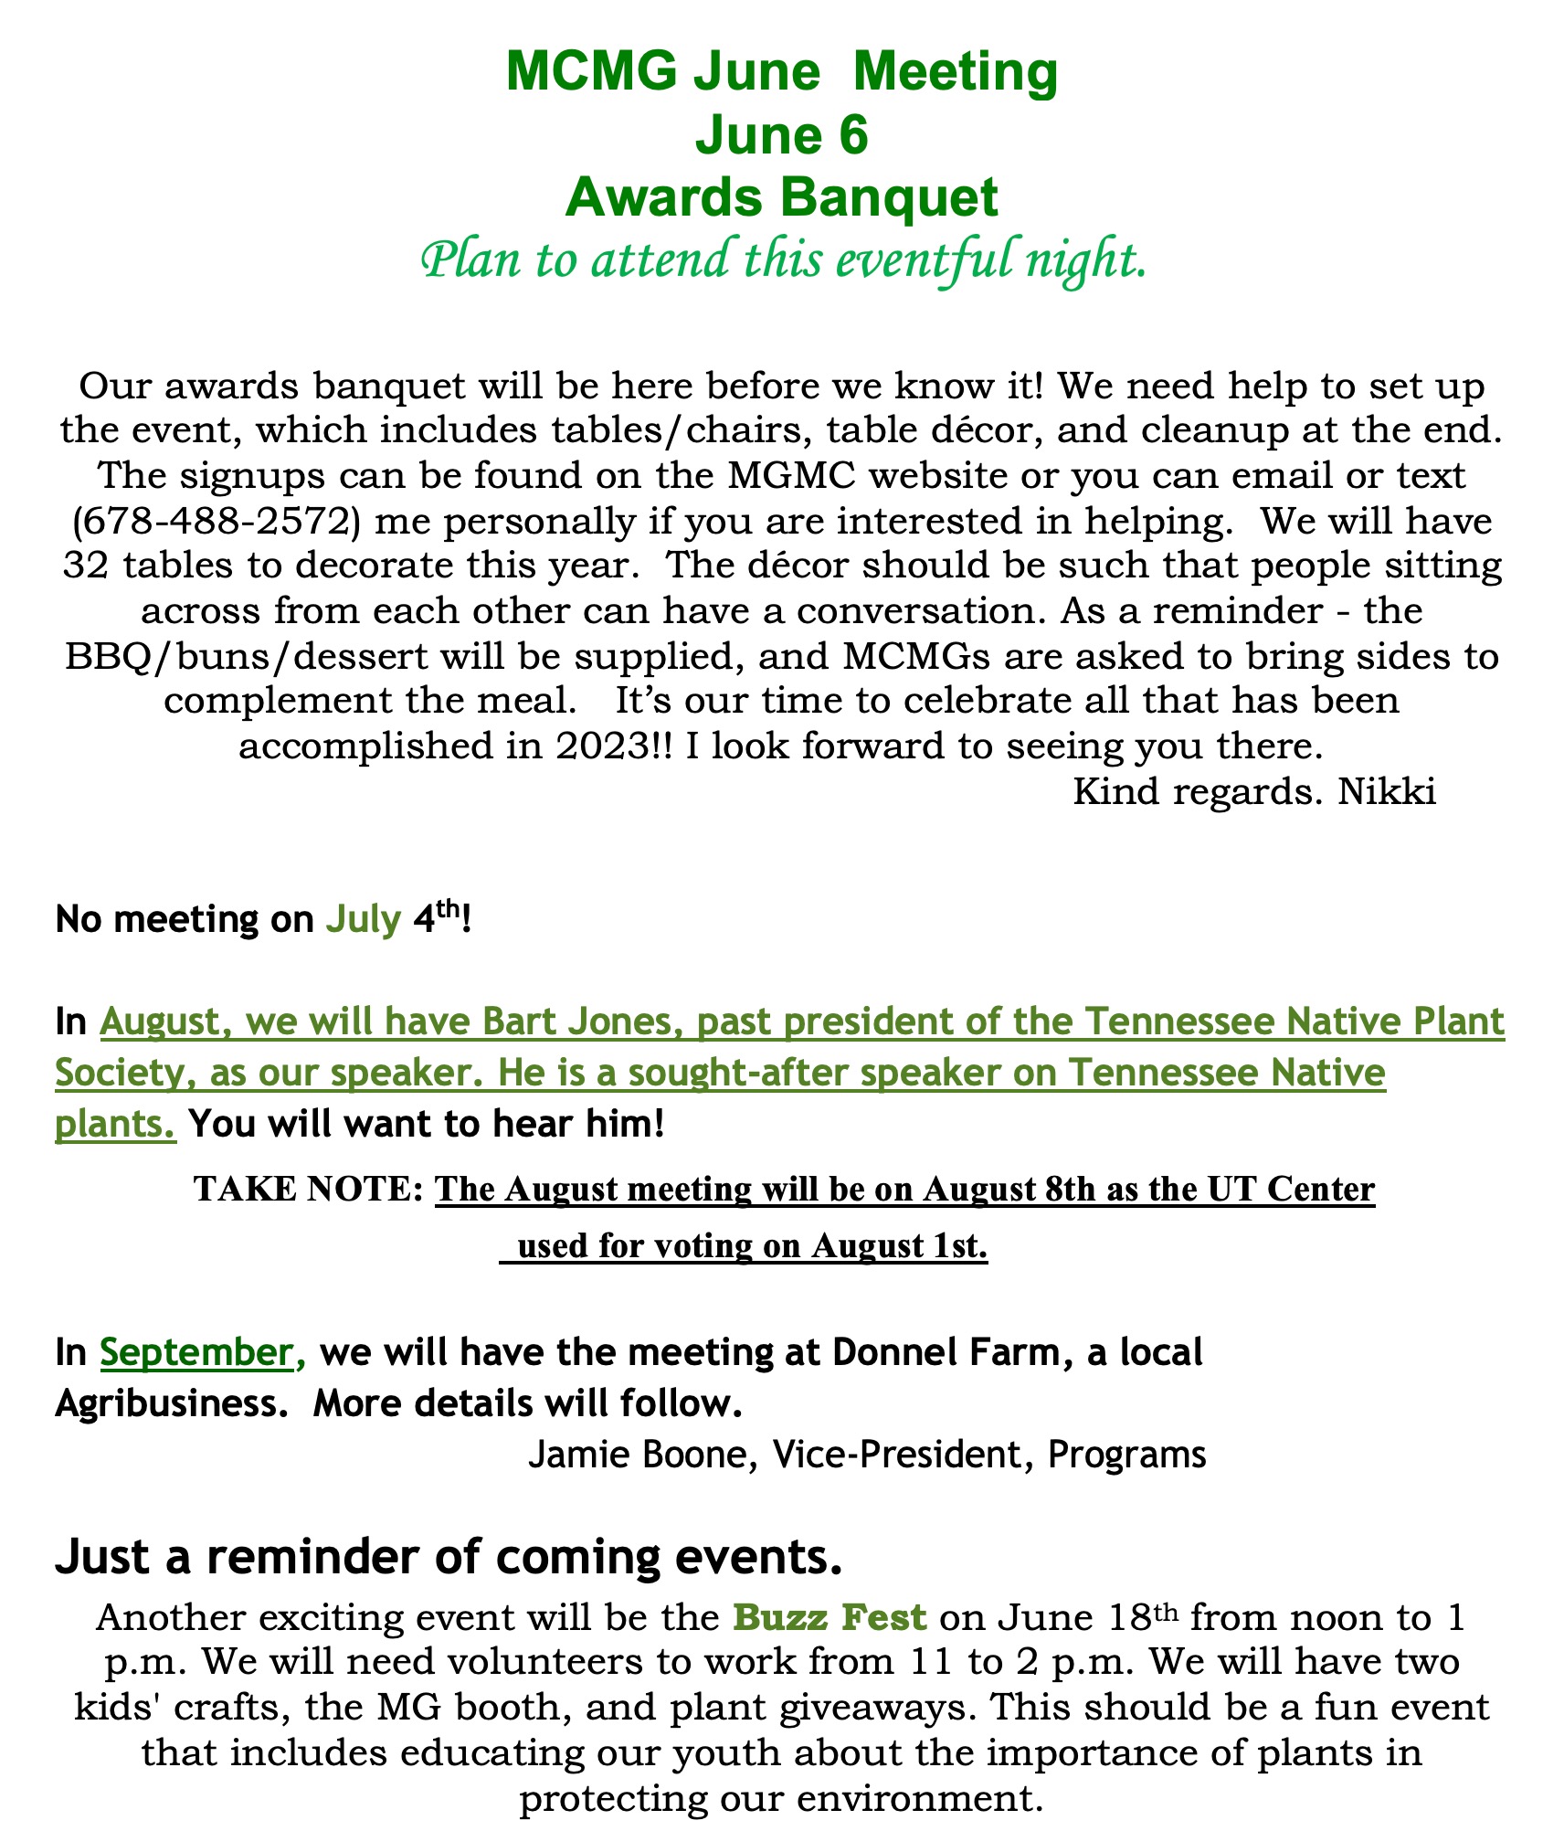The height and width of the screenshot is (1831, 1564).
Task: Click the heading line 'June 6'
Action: coord(781,135)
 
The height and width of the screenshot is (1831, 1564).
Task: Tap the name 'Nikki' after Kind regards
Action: coord(1387,790)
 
